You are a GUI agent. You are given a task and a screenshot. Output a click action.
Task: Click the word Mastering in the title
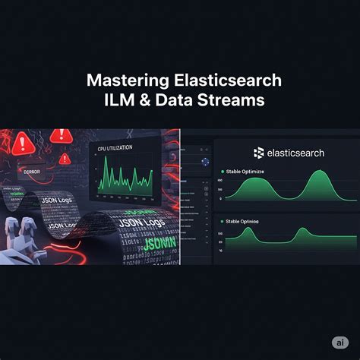121,80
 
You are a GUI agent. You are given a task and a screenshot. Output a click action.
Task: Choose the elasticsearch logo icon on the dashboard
259,153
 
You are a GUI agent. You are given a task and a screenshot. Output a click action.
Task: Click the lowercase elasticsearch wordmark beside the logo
295,153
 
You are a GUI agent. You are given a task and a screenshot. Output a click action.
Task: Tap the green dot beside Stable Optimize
223,172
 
